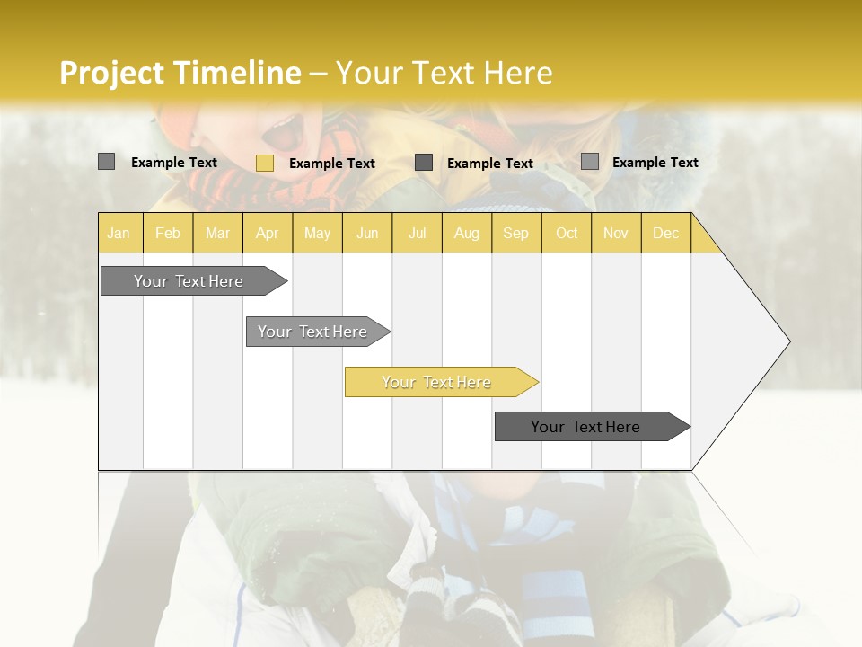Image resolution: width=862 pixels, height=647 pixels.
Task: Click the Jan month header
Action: pyautogui.click(x=119, y=233)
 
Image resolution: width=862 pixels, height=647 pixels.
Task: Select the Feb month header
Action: pyautogui.click(x=168, y=233)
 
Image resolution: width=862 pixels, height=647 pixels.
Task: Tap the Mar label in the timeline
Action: pyautogui.click(x=217, y=233)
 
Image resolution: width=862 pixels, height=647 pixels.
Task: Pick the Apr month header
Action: pyautogui.click(x=267, y=233)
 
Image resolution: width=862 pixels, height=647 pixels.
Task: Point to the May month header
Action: pyautogui.click(x=317, y=233)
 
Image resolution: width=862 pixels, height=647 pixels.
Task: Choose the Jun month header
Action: pyautogui.click(x=367, y=233)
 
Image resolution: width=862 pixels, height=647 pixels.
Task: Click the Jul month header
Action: pyautogui.click(x=417, y=233)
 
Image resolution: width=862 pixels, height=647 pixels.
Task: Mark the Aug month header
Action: pyautogui.click(x=466, y=233)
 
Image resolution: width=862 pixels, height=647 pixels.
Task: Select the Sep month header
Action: pyautogui.click(x=515, y=233)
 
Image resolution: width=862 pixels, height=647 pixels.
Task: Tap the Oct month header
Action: pyautogui.click(x=567, y=233)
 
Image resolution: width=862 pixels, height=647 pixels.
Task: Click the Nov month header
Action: pyautogui.click(x=615, y=233)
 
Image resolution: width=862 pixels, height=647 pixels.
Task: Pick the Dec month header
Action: pyautogui.click(x=665, y=233)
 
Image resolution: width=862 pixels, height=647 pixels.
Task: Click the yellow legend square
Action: pyautogui.click(x=264, y=163)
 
